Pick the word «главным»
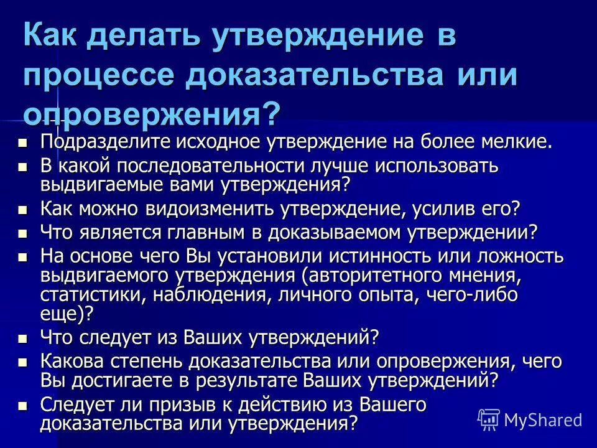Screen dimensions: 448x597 click(198, 233)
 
